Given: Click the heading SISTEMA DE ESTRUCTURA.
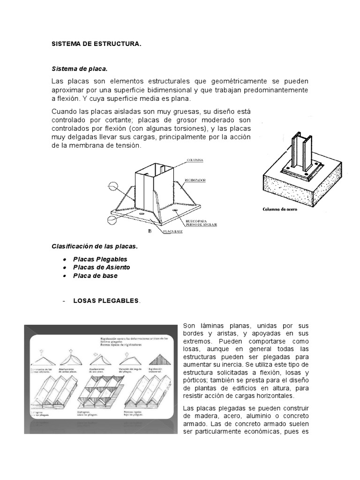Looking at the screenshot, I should [x=96, y=44].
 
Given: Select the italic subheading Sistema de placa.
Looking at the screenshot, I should [x=79, y=68].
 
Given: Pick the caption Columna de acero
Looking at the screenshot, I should [x=279, y=210].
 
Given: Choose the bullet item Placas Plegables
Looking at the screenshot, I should [x=100, y=259].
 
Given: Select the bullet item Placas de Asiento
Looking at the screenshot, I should [x=101, y=267].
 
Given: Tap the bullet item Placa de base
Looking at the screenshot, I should [x=95, y=276].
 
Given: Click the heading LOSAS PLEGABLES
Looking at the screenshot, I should [x=106, y=300].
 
